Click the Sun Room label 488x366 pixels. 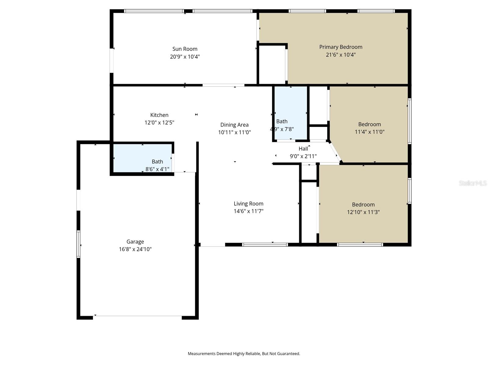(185, 49)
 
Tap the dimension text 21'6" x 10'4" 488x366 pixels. (341, 55)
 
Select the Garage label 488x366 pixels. (135, 242)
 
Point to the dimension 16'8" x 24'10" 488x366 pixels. (135, 249)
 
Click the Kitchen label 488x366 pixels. (159, 115)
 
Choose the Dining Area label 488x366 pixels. (234, 125)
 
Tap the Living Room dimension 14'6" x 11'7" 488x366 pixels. (248, 211)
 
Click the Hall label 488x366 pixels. (303, 149)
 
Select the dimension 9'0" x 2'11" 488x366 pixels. (303, 156)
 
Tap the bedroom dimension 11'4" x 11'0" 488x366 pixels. (369, 132)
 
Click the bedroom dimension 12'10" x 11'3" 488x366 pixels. (363, 212)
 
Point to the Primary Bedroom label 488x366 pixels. (341, 47)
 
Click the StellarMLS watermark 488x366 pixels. (472, 183)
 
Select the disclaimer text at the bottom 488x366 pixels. (244, 354)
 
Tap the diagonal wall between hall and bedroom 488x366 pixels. (335, 152)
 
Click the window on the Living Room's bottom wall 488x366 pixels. (265, 245)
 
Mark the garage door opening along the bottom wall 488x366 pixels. (137, 316)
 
